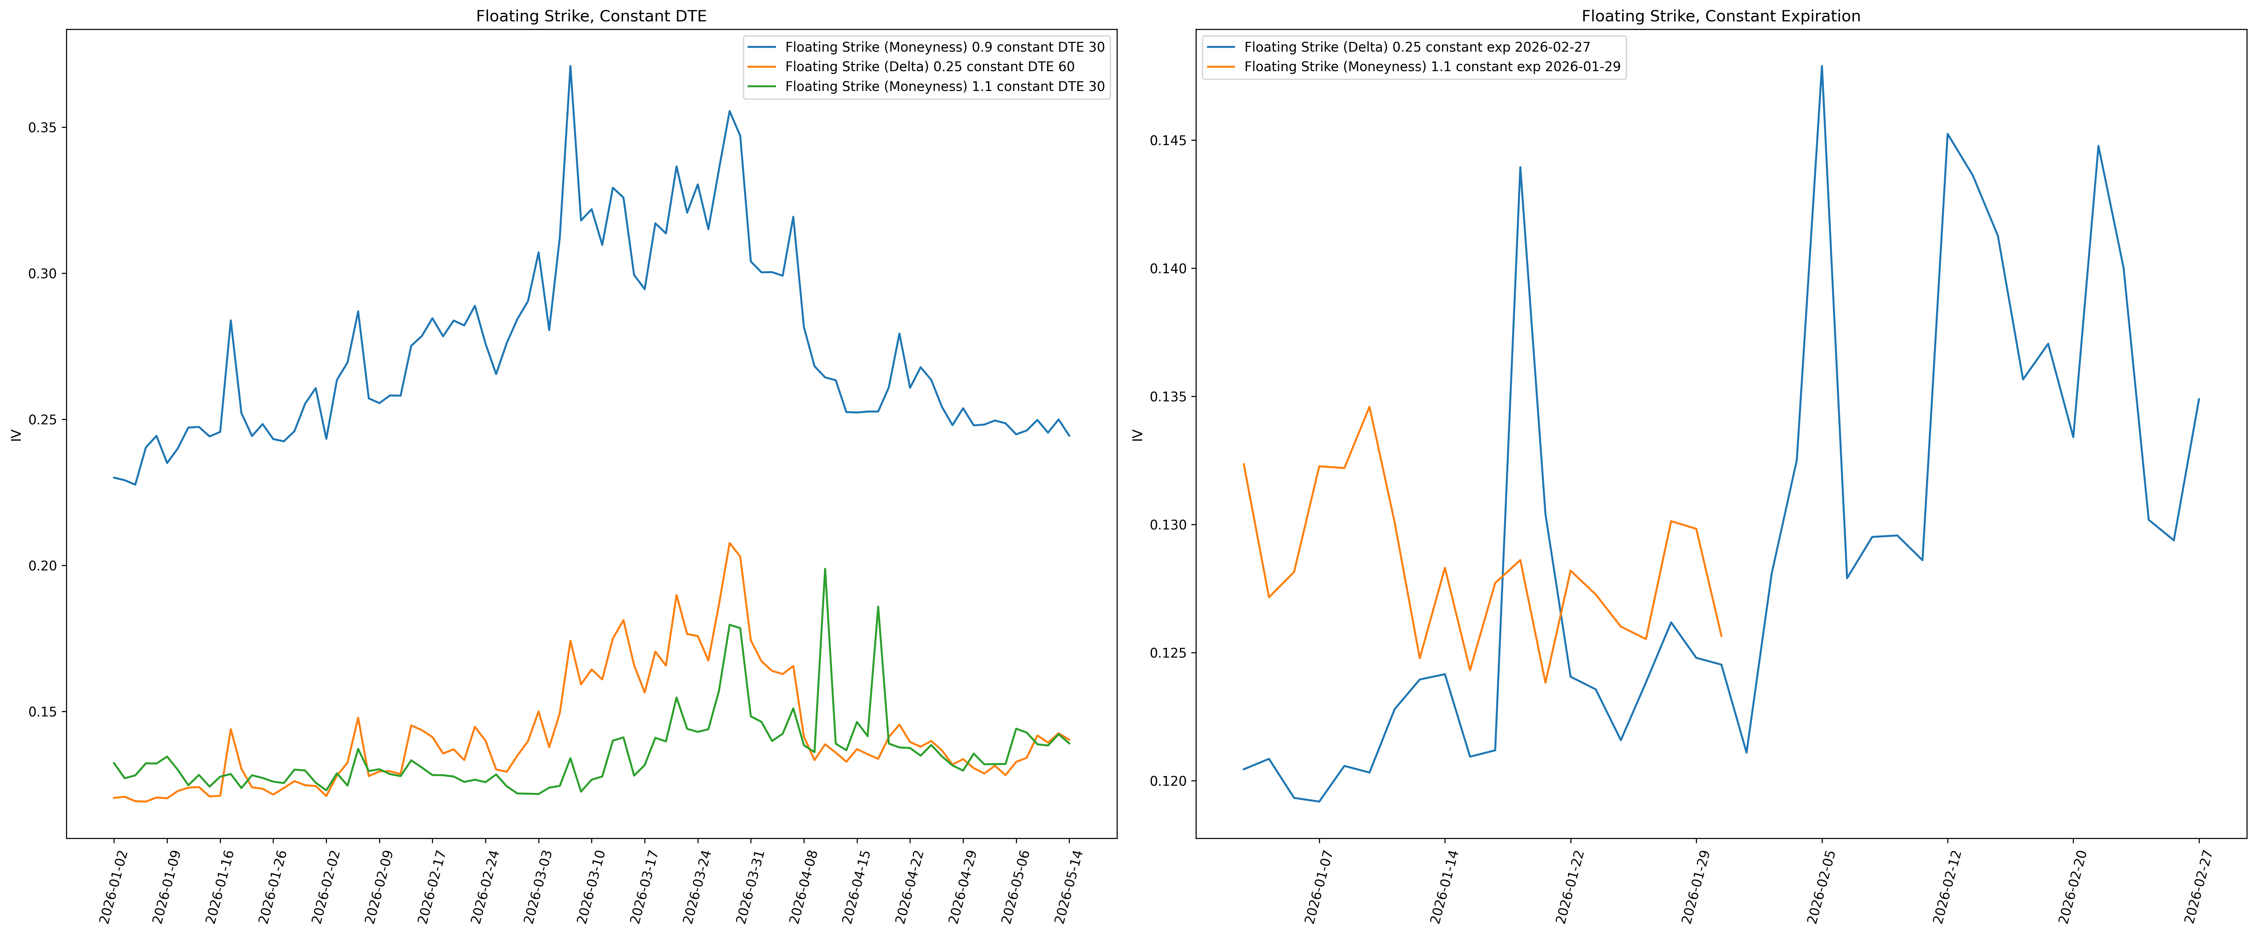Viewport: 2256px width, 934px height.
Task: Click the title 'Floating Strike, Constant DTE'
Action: pos(591,16)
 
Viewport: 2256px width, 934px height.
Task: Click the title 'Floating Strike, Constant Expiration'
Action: pos(1721,16)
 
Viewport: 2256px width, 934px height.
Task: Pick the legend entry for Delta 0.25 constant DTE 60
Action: pos(911,67)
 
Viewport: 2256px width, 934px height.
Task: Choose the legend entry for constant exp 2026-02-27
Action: pos(1399,47)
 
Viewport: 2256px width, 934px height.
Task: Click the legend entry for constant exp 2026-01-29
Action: pos(1413,67)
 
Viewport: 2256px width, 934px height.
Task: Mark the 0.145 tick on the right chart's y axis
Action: pos(1167,141)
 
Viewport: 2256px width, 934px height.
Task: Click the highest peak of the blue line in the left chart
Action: pos(570,66)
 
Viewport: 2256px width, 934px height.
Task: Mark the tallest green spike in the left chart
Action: pos(825,569)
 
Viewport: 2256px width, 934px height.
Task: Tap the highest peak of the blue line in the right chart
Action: pos(1821,66)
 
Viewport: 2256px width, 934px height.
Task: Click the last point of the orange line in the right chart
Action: pos(1721,636)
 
